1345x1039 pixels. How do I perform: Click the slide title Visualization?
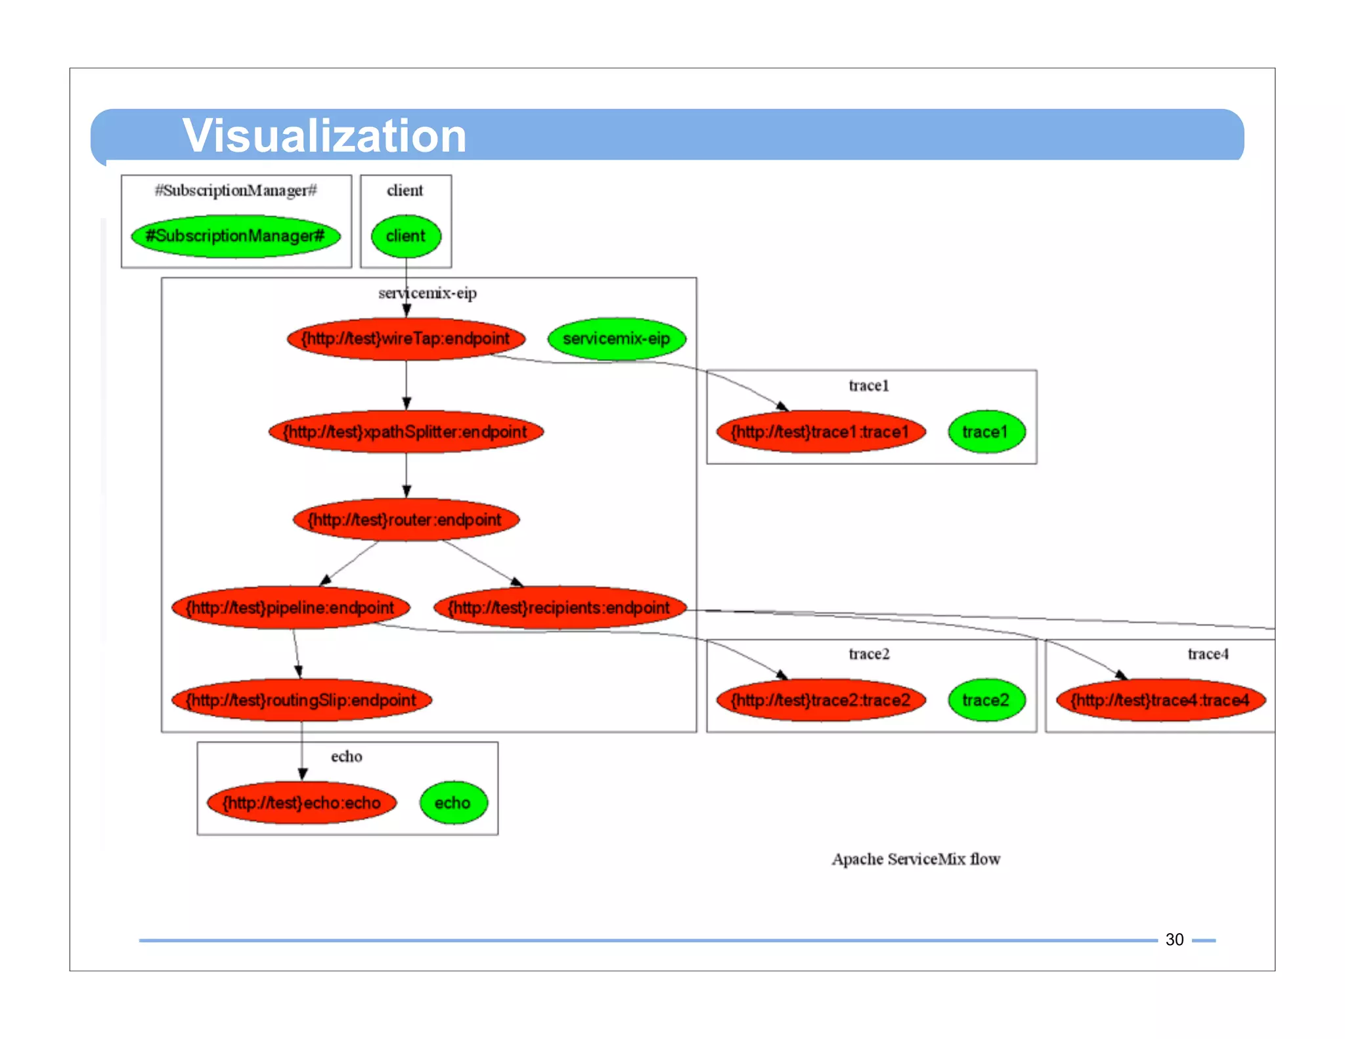(x=324, y=136)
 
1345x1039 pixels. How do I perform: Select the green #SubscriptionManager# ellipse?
(x=236, y=236)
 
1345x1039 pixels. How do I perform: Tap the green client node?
(x=406, y=236)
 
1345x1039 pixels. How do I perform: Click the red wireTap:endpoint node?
(x=406, y=339)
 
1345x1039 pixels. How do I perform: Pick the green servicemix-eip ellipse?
(x=617, y=339)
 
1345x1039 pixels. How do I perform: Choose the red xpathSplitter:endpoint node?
(x=406, y=432)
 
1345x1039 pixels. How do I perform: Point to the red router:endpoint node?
(x=406, y=520)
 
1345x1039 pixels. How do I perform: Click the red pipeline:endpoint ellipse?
(x=290, y=608)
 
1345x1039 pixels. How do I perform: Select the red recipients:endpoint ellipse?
(x=560, y=608)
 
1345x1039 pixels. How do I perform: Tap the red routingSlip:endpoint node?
(x=301, y=700)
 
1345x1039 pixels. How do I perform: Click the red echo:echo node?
(x=301, y=803)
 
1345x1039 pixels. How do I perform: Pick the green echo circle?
(x=453, y=803)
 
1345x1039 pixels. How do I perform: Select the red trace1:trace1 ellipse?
(x=820, y=432)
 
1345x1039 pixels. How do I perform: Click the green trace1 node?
(x=986, y=432)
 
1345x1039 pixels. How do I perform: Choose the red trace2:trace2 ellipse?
(x=820, y=700)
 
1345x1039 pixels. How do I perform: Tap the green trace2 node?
(x=986, y=700)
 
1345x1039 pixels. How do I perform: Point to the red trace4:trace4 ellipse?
(x=1160, y=700)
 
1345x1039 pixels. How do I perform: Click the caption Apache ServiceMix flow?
(x=915, y=859)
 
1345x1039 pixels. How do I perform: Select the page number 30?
(x=1174, y=940)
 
